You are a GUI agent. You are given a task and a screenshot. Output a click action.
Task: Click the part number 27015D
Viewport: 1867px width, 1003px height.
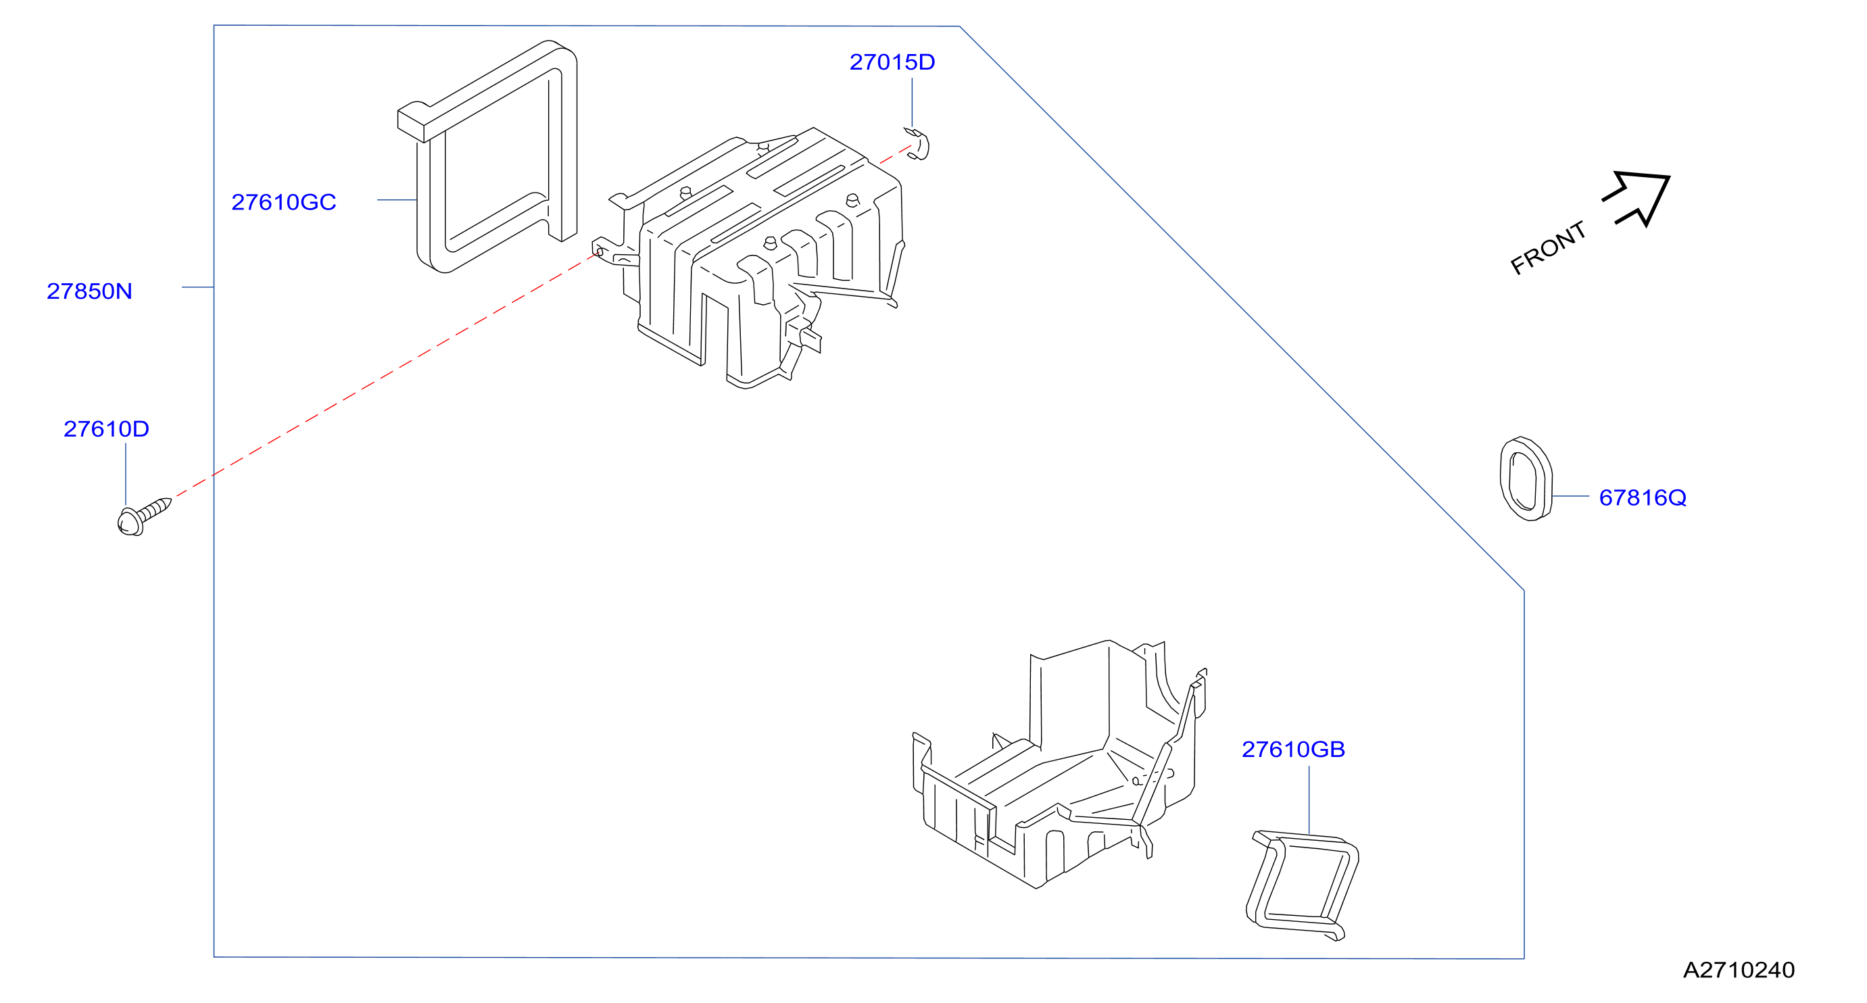point(892,62)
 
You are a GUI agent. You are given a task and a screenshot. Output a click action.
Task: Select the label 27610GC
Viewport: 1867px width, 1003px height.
point(283,202)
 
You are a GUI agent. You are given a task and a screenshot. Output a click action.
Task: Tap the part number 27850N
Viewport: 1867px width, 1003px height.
point(89,291)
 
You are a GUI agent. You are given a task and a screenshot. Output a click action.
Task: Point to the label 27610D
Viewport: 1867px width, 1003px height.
point(107,429)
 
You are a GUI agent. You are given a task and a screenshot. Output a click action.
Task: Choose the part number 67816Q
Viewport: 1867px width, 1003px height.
point(1643,498)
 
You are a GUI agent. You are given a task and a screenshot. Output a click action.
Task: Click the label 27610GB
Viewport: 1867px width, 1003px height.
point(1294,750)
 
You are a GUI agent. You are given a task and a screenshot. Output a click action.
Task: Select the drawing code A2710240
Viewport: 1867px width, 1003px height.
point(1739,970)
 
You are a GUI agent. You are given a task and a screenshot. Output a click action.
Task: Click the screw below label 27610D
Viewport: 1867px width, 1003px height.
point(143,517)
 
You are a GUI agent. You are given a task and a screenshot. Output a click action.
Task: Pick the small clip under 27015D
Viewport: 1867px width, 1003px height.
point(917,143)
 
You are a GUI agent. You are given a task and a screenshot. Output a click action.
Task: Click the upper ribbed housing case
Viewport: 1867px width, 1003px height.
point(754,253)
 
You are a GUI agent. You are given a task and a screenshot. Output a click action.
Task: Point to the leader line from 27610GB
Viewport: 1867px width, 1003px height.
point(1309,800)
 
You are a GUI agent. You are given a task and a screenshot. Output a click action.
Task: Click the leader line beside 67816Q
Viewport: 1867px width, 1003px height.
point(1572,496)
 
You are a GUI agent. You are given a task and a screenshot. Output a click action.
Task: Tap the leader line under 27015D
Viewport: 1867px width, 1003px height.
point(912,103)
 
